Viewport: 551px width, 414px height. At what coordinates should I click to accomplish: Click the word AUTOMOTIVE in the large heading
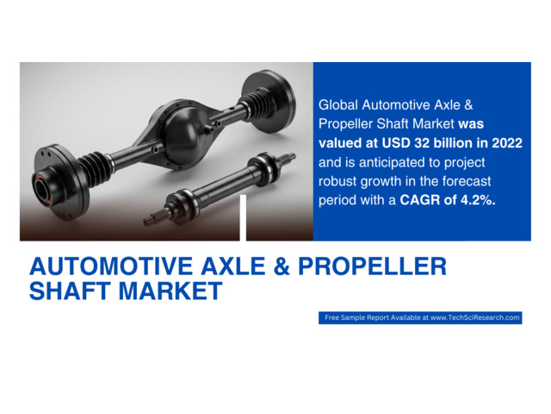pos(111,267)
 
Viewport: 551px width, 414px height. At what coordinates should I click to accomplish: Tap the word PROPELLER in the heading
pos(373,267)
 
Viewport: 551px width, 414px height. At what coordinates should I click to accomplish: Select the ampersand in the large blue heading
pos(282,267)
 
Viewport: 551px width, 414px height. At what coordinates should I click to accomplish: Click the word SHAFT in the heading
pos(71,291)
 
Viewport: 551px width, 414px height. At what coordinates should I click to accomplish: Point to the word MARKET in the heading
pos(170,291)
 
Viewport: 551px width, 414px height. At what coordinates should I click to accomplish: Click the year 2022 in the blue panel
pos(507,143)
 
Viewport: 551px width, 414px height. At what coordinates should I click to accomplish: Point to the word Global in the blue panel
pos(338,105)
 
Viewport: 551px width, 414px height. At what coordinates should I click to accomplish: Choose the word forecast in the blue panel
pos(467,181)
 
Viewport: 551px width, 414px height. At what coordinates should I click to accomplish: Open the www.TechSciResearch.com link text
pos(474,317)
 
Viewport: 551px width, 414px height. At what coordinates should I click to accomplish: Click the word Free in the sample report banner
pos(331,317)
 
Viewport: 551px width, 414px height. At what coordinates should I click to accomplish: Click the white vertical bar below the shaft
pos(243,217)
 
